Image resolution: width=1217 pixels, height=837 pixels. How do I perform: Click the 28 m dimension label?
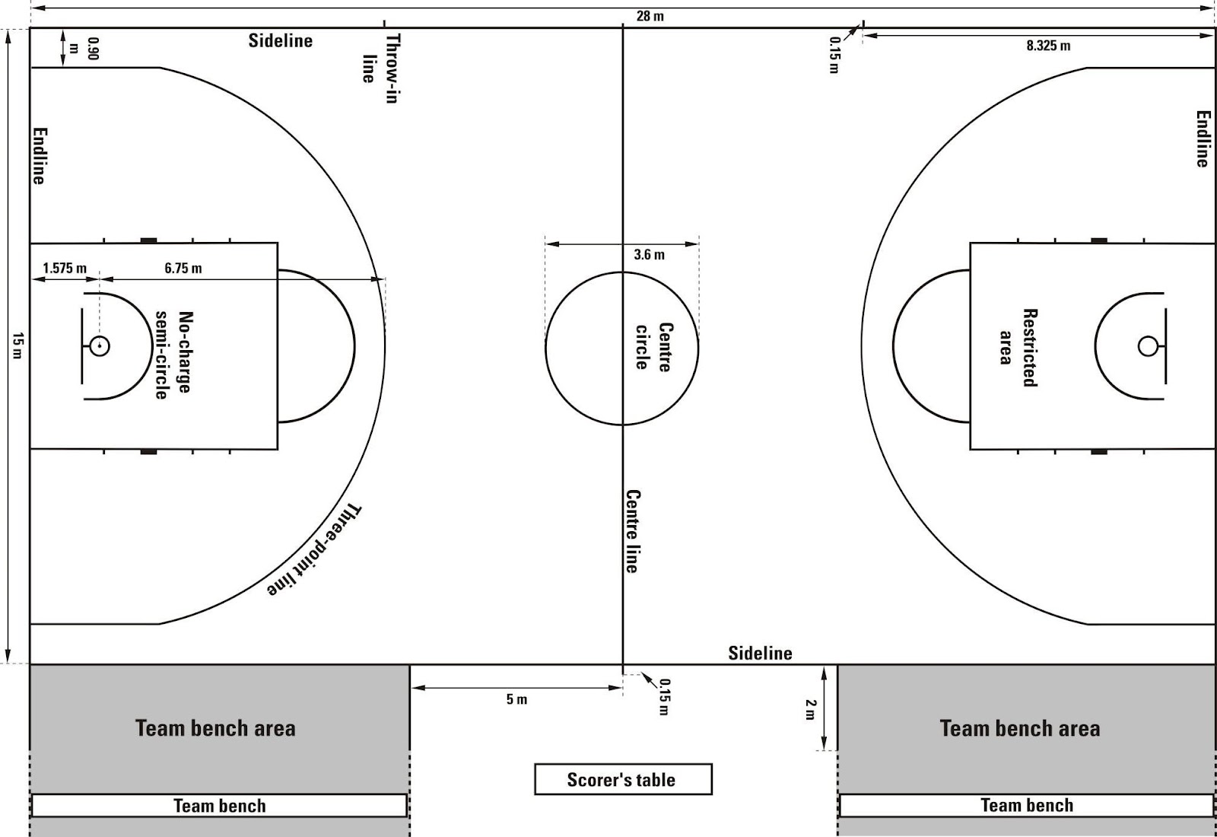click(650, 16)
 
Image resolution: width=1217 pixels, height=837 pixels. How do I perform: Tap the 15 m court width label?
click(17, 346)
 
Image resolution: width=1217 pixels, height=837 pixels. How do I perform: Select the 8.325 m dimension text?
click(1047, 46)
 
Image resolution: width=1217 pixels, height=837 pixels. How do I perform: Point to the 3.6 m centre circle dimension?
click(649, 255)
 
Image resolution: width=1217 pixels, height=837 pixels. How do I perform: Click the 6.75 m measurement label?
click(183, 268)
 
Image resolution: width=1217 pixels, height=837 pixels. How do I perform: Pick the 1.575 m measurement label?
click(65, 268)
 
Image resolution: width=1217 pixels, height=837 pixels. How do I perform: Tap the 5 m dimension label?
click(516, 699)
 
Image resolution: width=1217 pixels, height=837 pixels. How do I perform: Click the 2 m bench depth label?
click(809, 709)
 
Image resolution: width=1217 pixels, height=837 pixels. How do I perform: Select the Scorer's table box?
click(623, 779)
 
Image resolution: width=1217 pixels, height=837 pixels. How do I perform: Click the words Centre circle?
click(653, 347)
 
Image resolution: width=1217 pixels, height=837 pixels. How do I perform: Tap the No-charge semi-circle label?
click(173, 355)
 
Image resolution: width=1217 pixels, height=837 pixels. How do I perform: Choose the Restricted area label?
click(1018, 347)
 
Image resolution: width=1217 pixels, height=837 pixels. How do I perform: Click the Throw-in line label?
click(380, 68)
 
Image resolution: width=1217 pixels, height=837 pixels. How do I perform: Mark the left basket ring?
click(100, 346)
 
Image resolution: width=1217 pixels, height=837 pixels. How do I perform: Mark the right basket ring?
click(1147, 346)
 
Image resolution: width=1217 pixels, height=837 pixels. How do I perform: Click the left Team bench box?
click(219, 805)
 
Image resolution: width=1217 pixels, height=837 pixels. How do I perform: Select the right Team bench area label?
click(1019, 728)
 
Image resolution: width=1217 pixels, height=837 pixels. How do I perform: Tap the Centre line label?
click(632, 530)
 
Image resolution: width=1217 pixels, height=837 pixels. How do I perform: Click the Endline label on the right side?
click(1202, 139)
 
